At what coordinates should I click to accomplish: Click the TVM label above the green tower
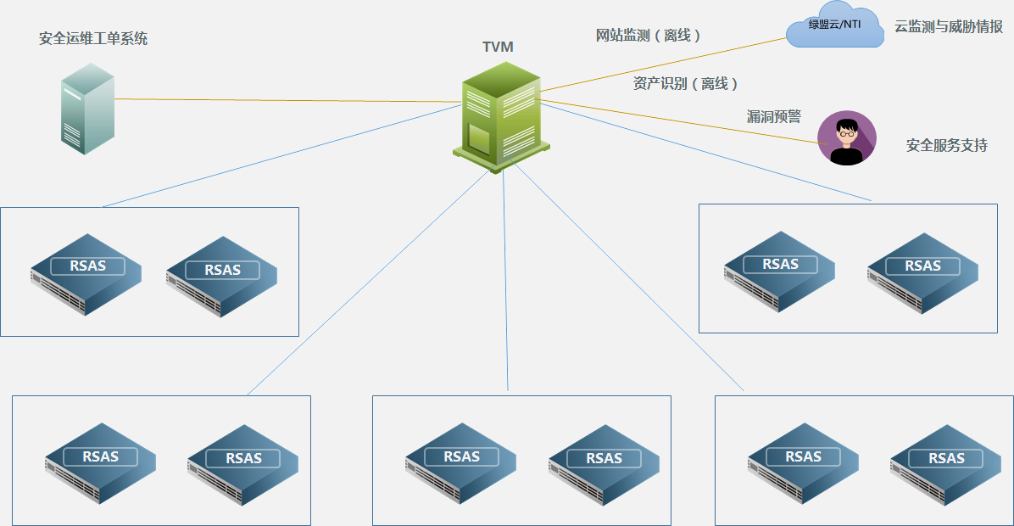498,47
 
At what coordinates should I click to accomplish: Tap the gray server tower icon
86,114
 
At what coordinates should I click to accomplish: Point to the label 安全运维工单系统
93,38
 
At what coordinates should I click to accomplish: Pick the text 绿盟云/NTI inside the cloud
835,25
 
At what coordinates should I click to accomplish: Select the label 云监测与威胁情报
949,26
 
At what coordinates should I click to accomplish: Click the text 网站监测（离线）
649,36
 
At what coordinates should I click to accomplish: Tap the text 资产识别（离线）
686,83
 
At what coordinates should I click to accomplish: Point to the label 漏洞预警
773,116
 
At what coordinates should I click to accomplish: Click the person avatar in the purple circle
846,138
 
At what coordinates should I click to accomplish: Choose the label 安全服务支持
946,145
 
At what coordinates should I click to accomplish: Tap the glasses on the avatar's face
846,132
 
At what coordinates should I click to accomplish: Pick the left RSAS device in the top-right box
778,271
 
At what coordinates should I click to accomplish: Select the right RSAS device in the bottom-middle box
604,464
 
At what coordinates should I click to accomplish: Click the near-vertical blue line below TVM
505,280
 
